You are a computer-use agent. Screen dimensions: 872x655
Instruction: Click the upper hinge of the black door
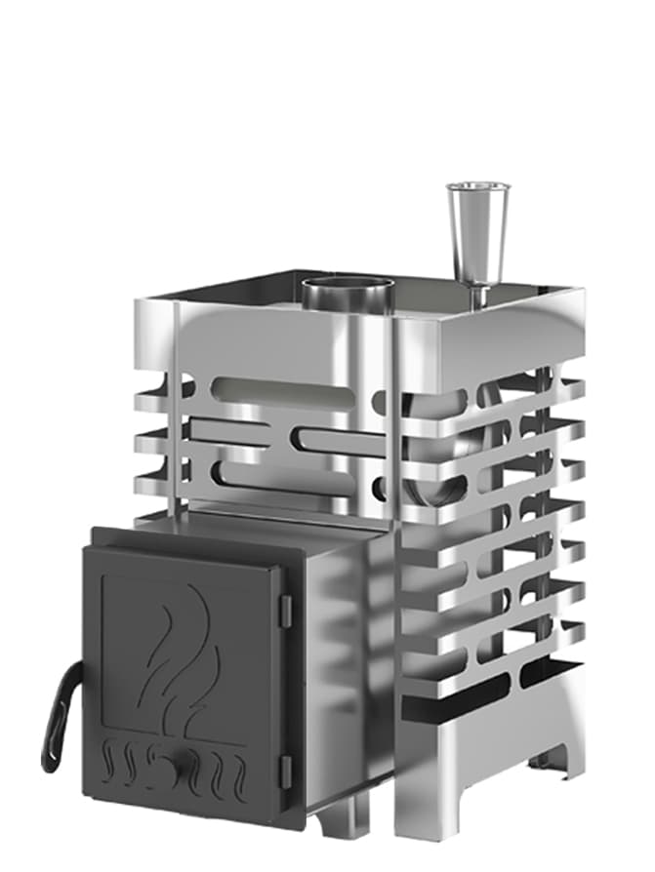coord(285,610)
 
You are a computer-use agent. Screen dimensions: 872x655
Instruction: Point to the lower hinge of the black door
coord(285,771)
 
